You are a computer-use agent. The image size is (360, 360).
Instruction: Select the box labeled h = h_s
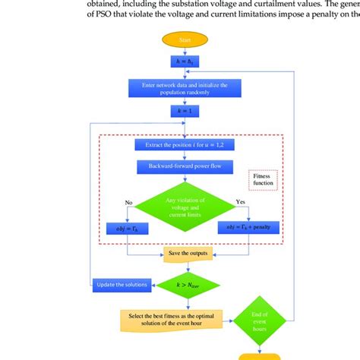184,61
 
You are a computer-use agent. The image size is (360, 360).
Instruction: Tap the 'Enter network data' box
184,85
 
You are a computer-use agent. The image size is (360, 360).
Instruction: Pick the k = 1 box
184,111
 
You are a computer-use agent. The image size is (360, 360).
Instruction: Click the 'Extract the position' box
184,144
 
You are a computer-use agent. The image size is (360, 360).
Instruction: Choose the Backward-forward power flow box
184,165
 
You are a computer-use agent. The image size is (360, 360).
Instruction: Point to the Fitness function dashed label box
264,179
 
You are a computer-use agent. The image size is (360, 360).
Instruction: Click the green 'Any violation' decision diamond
184,205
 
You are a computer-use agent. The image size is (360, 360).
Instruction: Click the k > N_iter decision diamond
184,286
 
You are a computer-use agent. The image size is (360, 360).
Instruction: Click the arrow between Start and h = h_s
184,49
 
